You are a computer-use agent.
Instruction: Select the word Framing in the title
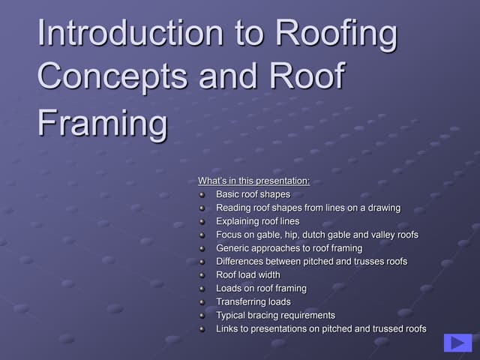click(103, 122)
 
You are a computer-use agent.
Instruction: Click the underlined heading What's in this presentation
click(253, 181)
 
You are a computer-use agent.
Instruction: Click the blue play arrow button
click(457, 343)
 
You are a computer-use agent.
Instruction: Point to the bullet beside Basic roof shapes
click(202, 195)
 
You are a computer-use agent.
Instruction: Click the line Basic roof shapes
click(253, 194)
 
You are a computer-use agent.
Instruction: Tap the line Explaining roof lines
click(257, 221)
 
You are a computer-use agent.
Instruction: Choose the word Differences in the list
click(239, 262)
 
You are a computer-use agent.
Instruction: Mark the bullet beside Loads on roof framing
click(202, 289)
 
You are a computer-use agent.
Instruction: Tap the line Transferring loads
click(253, 301)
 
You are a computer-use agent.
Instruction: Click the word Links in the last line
click(226, 328)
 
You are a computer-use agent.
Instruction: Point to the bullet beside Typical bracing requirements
click(202, 316)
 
